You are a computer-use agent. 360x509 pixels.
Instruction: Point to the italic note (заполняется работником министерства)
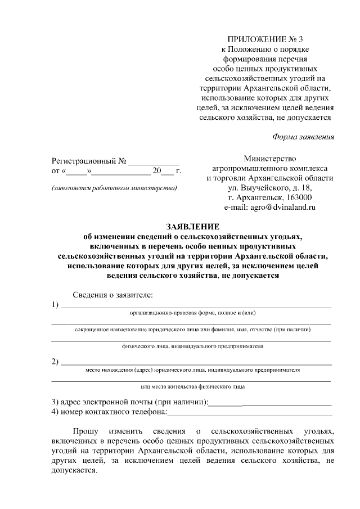coord(114,187)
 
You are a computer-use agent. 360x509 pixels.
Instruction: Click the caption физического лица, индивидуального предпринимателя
coord(193,346)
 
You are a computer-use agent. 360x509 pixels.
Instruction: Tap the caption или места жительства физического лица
coord(193,387)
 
